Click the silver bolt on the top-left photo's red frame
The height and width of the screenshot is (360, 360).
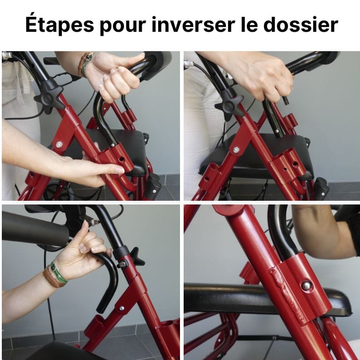59,145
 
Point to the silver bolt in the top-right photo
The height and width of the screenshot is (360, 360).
236,149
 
